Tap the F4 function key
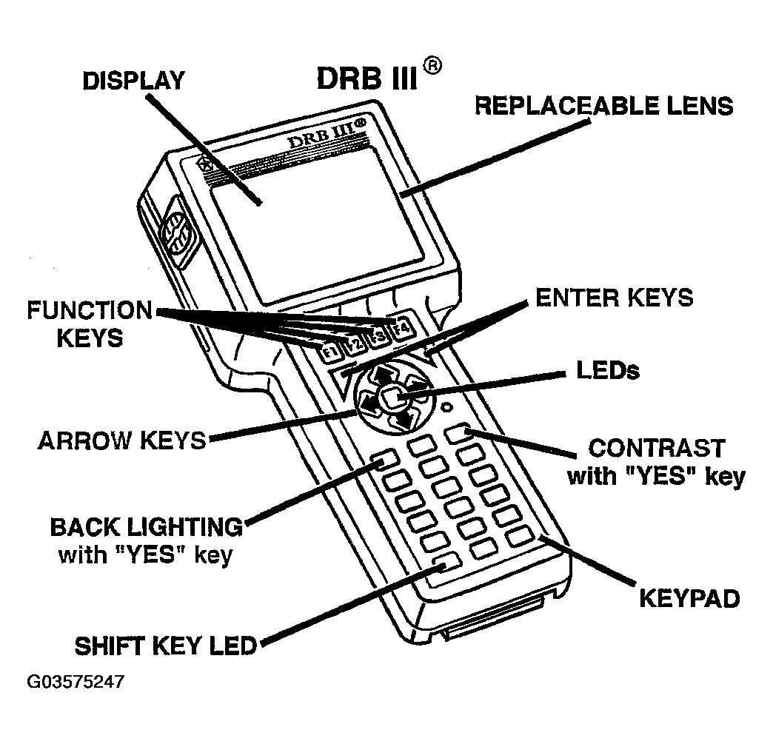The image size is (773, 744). [x=402, y=327]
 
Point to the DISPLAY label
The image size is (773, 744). [x=133, y=81]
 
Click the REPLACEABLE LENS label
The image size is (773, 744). [x=603, y=106]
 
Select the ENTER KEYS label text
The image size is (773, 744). [x=614, y=298]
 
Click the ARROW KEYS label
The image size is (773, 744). [x=121, y=440]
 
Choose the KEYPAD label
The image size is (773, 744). [x=689, y=597]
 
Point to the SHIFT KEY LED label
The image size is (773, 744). [x=165, y=646]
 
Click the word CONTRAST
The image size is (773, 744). [x=656, y=449]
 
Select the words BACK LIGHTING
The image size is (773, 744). [x=146, y=527]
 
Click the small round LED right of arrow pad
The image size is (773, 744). [x=446, y=407]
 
